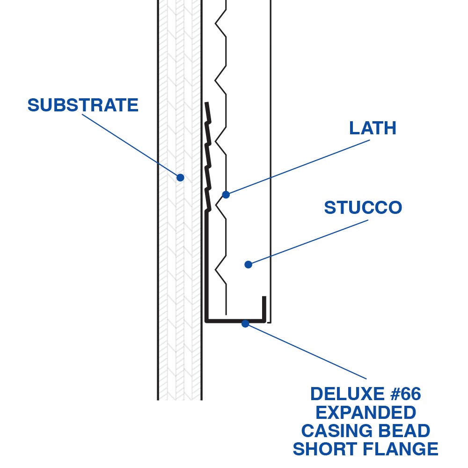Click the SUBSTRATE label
83,105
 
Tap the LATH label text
373,128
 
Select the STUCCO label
363,208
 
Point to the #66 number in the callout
404,394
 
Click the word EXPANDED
366,413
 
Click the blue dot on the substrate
180,178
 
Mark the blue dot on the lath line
226,195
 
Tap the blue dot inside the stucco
249,264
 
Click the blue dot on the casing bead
245,323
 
